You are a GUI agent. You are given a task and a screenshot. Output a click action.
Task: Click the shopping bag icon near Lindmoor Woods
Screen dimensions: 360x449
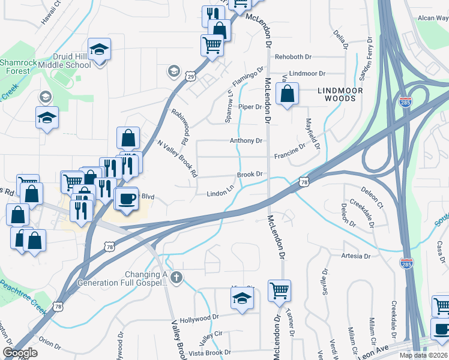[x=288, y=94]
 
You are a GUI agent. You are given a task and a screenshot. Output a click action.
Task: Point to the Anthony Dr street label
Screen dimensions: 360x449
[x=246, y=141]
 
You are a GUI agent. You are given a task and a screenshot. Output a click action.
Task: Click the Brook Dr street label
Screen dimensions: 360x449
[x=250, y=175]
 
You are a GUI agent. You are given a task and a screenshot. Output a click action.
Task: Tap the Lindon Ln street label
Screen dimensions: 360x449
[x=220, y=193]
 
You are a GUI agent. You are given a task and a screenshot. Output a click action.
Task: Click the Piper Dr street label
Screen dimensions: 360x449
[x=250, y=107]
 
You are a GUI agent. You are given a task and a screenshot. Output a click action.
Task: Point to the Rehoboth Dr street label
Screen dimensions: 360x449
[x=295, y=57]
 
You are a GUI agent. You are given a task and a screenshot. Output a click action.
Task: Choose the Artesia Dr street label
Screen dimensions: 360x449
[x=355, y=256]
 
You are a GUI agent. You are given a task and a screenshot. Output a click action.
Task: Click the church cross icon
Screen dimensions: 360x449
[x=175, y=277]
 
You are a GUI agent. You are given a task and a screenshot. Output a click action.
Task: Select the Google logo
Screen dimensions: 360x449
[x=20, y=353]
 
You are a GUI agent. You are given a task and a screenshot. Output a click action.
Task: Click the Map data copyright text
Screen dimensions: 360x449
[x=423, y=355]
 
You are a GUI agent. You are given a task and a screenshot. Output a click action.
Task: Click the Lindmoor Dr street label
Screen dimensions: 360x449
[x=307, y=74]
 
